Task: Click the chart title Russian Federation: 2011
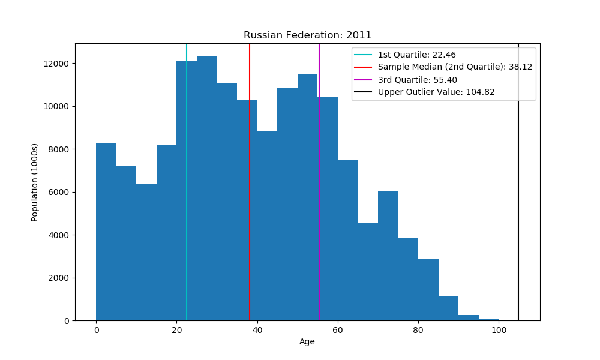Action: (x=307, y=35)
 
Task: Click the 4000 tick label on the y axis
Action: (x=61, y=235)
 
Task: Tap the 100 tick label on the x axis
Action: (x=498, y=330)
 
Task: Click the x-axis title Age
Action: (x=307, y=342)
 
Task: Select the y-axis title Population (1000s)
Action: (x=35, y=182)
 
